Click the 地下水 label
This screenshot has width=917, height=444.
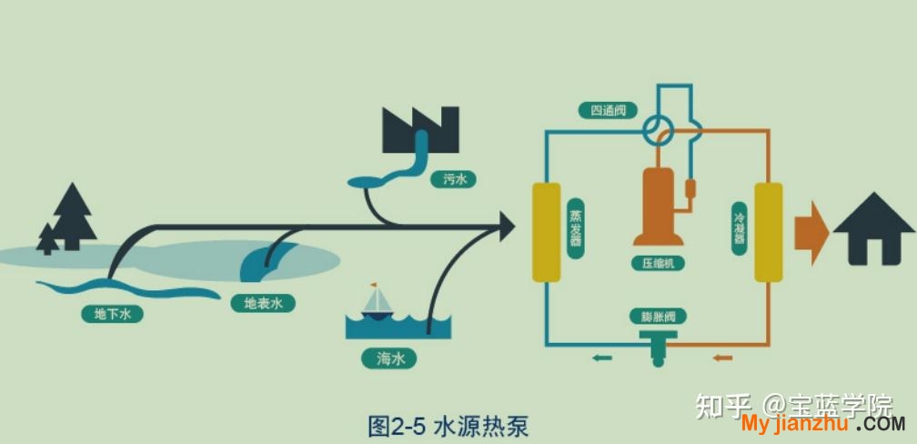pyautogui.click(x=112, y=314)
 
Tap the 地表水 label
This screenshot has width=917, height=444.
pyautogui.click(x=263, y=303)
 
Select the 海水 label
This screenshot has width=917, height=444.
pyautogui.click(x=389, y=358)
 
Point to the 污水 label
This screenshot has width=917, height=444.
pyautogui.click(x=453, y=179)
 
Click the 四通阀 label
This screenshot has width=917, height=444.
pyautogui.click(x=608, y=110)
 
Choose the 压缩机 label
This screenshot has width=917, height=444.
pyautogui.click(x=658, y=263)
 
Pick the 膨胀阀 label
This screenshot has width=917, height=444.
pyautogui.click(x=658, y=317)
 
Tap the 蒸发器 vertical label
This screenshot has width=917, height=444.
pyautogui.click(x=577, y=227)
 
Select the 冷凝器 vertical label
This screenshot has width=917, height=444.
pyautogui.click(x=740, y=227)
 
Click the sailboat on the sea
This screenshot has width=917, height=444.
pyautogui.click(x=377, y=302)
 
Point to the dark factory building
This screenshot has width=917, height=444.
pyautogui.click(x=420, y=130)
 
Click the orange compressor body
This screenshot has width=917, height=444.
pyautogui.click(x=659, y=207)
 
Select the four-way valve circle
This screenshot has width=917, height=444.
pyautogui.click(x=659, y=129)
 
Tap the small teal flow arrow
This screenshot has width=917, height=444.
pyautogui.click(x=602, y=358)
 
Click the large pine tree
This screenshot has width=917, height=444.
pyautogui.click(x=73, y=217)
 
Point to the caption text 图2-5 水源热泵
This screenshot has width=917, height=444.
pyautogui.click(x=448, y=427)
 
